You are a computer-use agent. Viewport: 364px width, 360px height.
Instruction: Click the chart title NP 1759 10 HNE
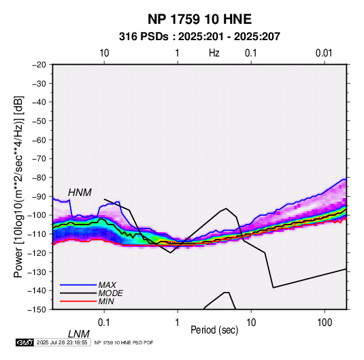(199, 19)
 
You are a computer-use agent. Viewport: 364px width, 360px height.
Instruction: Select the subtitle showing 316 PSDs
(199, 37)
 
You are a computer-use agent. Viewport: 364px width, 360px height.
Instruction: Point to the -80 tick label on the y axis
(39, 178)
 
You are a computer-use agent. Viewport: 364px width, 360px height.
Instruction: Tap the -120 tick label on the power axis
(37, 252)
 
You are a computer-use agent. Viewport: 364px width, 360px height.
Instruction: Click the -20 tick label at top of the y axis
(39, 65)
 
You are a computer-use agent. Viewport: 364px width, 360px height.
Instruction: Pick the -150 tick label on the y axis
(37, 310)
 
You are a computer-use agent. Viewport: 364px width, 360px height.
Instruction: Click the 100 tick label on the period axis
(325, 323)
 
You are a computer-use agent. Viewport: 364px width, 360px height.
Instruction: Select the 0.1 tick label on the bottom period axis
(104, 323)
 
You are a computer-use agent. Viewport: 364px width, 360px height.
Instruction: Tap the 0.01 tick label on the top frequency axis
(324, 53)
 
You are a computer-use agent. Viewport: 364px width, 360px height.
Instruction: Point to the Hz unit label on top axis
(214, 53)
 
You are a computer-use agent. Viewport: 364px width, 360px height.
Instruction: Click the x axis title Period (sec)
(214, 330)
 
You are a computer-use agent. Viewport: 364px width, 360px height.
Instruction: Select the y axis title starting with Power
(18, 186)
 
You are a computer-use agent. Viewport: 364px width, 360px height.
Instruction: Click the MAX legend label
(107, 285)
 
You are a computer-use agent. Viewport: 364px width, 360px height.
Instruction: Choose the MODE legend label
(110, 293)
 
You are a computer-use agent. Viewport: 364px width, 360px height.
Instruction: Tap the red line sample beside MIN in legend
(78, 301)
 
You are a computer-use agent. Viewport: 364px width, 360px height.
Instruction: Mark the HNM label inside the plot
(80, 193)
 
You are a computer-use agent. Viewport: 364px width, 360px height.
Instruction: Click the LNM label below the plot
(78, 334)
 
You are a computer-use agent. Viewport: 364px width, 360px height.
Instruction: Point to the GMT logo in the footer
(24, 342)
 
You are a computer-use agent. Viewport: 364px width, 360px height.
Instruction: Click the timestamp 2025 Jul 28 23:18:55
(62, 342)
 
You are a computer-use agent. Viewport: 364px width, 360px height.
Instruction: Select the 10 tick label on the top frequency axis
(104, 53)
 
